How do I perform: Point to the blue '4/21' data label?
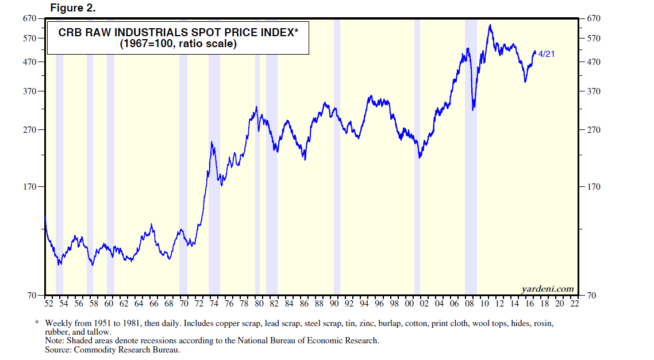[547, 54]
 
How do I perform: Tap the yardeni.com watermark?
[547, 288]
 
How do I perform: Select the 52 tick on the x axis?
[48, 303]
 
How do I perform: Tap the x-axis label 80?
[259, 303]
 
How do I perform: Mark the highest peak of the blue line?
[490, 25]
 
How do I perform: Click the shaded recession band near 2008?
[471, 173]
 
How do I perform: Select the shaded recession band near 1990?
[337, 173]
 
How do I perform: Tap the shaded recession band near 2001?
[417, 173]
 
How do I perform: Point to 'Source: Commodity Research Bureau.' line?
[113, 348]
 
